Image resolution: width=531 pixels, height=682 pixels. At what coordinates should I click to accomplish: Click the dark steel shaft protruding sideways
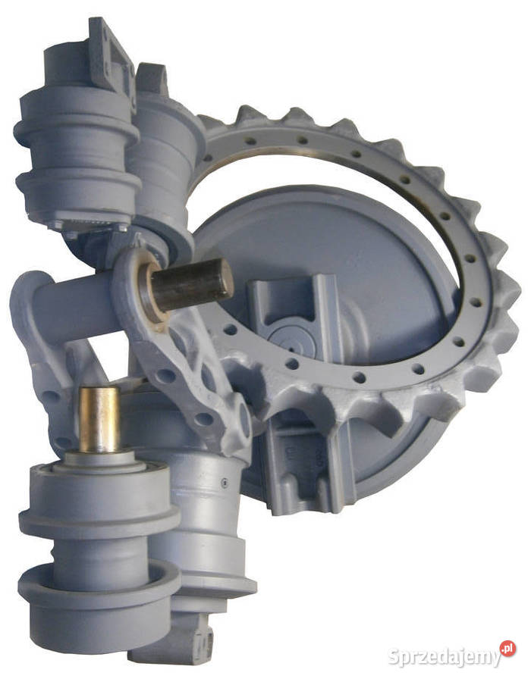pos(190,284)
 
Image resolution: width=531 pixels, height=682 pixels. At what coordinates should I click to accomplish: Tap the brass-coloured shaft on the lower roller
pos(99,419)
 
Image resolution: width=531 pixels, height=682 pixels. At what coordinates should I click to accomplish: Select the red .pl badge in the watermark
pos(507,649)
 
